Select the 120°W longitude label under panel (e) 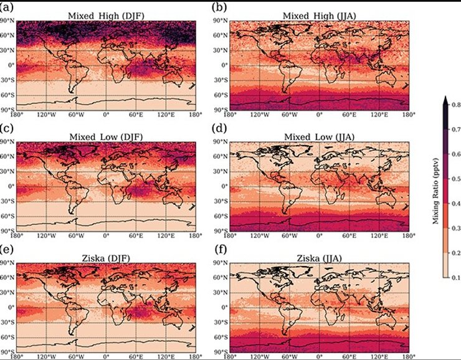click(x=46, y=357)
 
